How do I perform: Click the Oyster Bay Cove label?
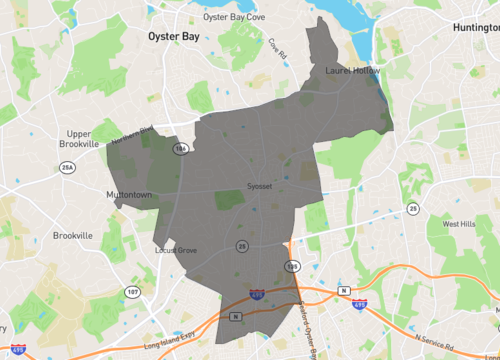click(232, 17)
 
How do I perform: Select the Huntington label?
click(475, 28)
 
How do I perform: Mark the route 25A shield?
click(68, 168)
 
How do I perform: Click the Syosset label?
click(260, 187)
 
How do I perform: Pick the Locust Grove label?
click(176, 250)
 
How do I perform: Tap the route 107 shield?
click(133, 291)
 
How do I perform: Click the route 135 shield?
click(292, 267)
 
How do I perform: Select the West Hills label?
click(459, 224)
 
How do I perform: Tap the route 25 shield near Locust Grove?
click(242, 245)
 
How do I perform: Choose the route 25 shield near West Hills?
click(413, 208)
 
